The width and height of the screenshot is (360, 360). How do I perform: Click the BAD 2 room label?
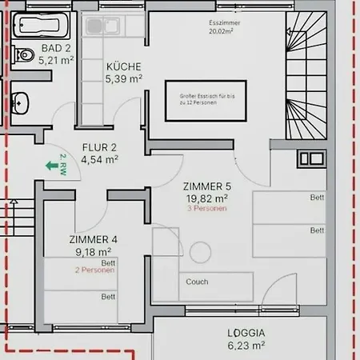tap(56, 47)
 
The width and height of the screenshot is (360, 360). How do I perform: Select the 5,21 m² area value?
tap(56, 58)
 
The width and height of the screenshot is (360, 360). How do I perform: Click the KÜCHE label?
tap(123, 67)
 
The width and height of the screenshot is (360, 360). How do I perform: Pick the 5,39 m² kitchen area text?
tap(123, 79)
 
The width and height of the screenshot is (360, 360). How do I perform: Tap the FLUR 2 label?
tap(101, 147)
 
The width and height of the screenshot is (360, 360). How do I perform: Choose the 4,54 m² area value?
tap(101, 158)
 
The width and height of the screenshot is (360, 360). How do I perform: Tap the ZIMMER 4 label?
tap(93, 239)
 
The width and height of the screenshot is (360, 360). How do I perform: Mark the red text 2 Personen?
tap(95, 270)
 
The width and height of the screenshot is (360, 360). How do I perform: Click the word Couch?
tap(197, 282)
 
